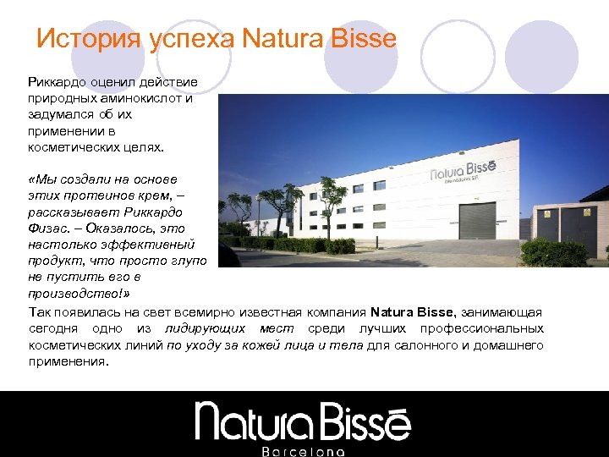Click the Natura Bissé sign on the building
466,174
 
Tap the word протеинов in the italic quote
100,195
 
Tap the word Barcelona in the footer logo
304,451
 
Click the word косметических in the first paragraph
71,147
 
